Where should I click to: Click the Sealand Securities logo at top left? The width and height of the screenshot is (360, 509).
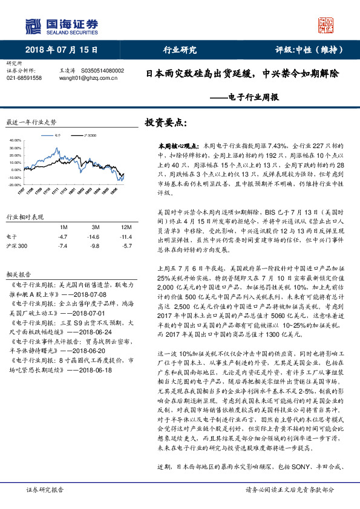pos(61,25)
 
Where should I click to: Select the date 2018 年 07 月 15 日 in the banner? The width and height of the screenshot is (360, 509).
pos(62,50)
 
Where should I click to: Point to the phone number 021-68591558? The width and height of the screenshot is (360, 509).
pos(24,78)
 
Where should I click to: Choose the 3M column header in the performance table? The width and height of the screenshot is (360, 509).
pos(93,226)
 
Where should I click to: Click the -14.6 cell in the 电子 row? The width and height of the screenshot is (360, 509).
pos(93,236)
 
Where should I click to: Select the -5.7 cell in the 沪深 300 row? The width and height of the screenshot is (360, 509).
pos(126,246)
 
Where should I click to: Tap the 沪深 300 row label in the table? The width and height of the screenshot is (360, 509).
pos(17,246)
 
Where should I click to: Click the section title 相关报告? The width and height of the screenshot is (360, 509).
pos(18,273)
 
